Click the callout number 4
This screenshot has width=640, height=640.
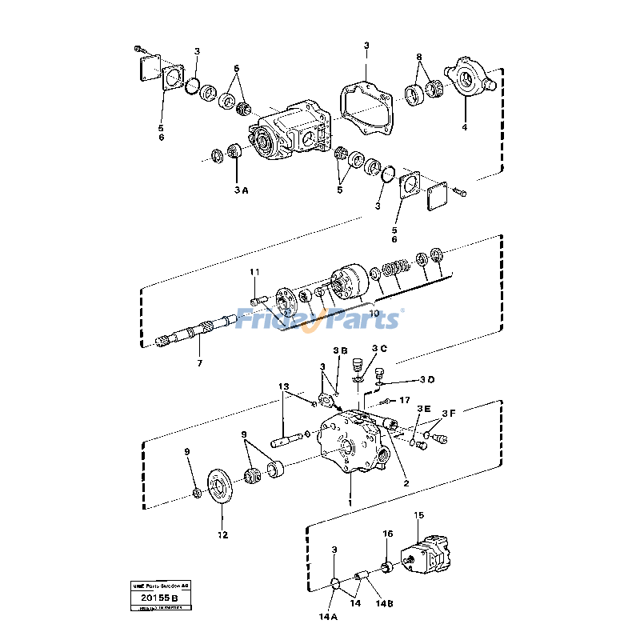(464, 127)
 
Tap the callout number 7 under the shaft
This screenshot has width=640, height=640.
(199, 363)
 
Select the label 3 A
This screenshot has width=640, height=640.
(241, 190)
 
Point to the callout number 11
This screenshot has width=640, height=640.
(254, 273)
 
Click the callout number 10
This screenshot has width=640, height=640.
(374, 314)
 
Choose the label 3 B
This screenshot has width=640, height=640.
(340, 350)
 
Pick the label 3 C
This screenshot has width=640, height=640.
(379, 349)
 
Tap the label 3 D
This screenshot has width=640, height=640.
(427, 379)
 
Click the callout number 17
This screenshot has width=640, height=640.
(405, 399)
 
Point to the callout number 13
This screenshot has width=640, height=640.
(283, 386)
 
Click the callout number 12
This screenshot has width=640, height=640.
(222, 534)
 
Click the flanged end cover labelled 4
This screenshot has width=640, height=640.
(469, 79)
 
